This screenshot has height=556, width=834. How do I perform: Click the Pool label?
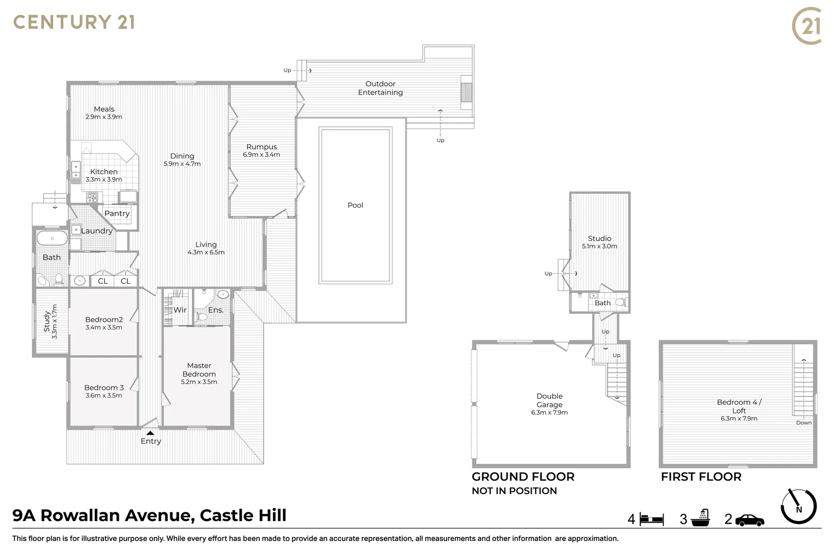pyautogui.click(x=355, y=205)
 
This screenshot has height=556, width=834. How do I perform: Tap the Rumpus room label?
pyautogui.click(x=261, y=147)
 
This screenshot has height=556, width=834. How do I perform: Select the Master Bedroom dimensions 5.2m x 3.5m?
pyautogui.click(x=199, y=382)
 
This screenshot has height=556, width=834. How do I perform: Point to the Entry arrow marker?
pyautogui.click(x=150, y=433)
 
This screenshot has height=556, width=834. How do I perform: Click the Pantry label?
pyautogui.click(x=117, y=214)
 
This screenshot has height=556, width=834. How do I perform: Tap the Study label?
pyautogui.click(x=47, y=321)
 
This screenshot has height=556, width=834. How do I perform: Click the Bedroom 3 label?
pyautogui.click(x=104, y=388)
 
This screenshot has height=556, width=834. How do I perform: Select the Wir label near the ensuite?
pyautogui.click(x=180, y=310)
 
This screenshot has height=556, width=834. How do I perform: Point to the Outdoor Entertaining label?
pyautogui.click(x=380, y=88)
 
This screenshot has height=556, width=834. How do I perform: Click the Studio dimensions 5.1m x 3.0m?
pyautogui.click(x=599, y=247)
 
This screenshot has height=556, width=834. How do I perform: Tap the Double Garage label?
pyautogui.click(x=549, y=401)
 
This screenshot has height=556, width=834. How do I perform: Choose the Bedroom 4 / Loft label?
pyautogui.click(x=739, y=406)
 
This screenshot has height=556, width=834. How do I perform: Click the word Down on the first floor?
pyautogui.click(x=804, y=423)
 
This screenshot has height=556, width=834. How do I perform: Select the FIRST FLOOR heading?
pyautogui.click(x=701, y=477)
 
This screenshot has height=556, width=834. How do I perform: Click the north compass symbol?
pyautogui.click(x=798, y=507)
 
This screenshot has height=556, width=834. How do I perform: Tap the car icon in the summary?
pyautogui.click(x=750, y=520)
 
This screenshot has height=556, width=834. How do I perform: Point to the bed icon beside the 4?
pyautogui.click(x=652, y=519)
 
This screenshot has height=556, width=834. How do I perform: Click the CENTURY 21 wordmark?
pyautogui.click(x=74, y=22)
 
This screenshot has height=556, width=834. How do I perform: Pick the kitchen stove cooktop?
pyautogui.click(x=92, y=197)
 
